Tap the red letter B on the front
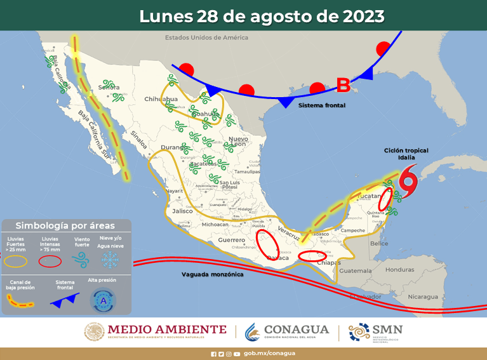(x=343, y=84)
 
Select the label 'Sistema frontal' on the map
(x=322, y=105)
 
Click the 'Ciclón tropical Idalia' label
(x=406, y=154)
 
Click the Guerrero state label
(x=231, y=240)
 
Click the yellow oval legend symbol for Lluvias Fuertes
(x=17, y=260)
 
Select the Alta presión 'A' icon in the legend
(x=102, y=300)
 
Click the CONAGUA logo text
(x=296, y=330)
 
